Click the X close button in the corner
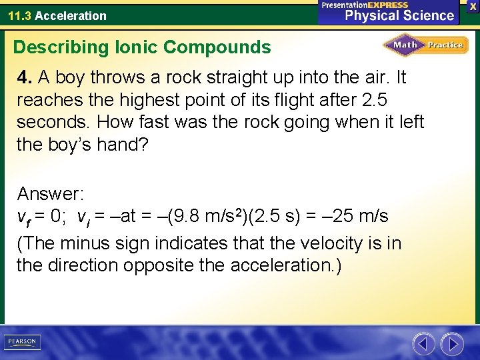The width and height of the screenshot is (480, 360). click(x=473, y=5)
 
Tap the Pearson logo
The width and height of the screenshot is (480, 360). click(x=21, y=342)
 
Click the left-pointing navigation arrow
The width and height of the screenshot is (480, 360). click(x=423, y=344)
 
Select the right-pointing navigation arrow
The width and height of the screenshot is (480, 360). click(x=453, y=344)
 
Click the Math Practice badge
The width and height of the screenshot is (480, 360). click(x=425, y=45)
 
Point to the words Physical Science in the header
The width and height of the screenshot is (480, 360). click(x=399, y=15)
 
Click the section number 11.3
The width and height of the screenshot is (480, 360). click(x=19, y=15)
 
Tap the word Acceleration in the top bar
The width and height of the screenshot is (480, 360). click(x=70, y=15)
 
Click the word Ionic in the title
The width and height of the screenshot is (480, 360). click(x=134, y=47)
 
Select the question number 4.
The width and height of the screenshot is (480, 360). click(x=24, y=77)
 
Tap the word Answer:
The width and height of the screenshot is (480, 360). click(x=50, y=194)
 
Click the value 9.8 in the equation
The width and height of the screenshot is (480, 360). click(x=191, y=217)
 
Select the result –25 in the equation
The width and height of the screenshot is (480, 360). click(x=336, y=217)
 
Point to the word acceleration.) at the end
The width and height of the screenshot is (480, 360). click(x=286, y=265)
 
